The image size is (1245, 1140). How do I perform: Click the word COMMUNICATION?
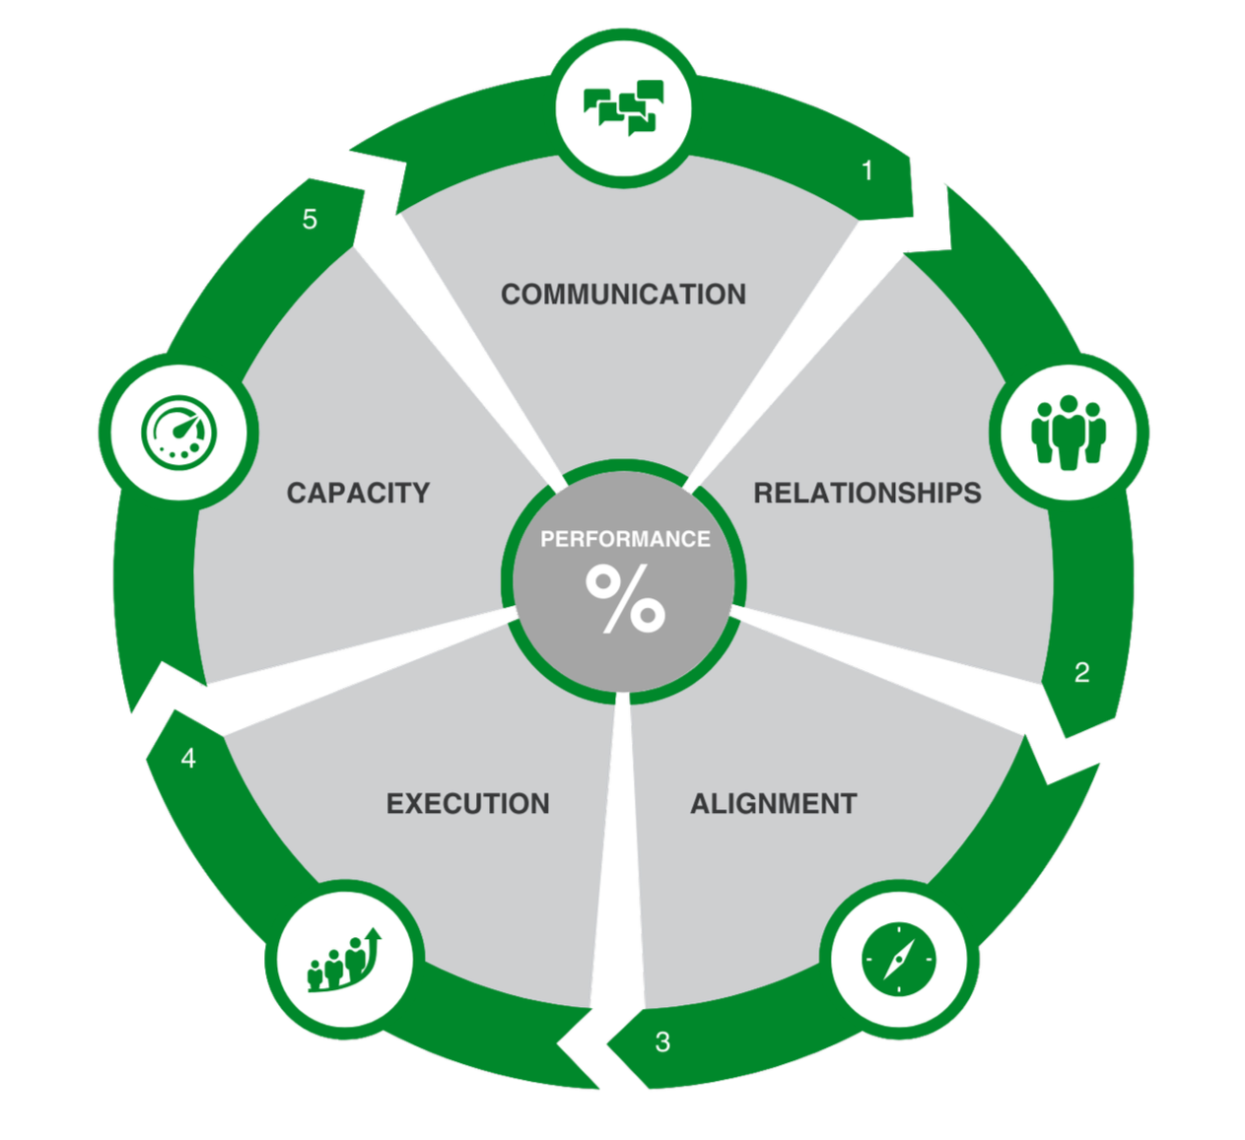click(x=623, y=295)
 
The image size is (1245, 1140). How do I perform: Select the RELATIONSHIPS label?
click(x=866, y=493)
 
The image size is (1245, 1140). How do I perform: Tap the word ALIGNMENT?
click(x=773, y=804)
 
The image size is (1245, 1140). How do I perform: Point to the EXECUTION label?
click(x=467, y=804)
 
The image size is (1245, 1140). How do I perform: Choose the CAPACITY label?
click(x=358, y=493)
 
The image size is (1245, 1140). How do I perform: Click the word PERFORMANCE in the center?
click(x=625, y=539)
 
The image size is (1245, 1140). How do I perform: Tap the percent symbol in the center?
click(x=625, y=598)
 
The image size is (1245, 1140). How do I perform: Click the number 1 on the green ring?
click(x=867, y=171)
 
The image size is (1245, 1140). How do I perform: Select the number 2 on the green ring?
click(x=1081, y=673)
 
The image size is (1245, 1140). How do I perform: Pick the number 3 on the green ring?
click(x=662, y=1041)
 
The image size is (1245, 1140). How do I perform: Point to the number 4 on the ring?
click(x=188, y=759)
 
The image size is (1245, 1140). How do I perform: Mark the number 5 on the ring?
click(x=310, y=220)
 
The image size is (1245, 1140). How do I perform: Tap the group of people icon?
click(x=1069, y=432)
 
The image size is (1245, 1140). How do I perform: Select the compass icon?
click(x=898, y=959)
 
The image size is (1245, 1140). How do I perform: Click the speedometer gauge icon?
click(x=178, y=432)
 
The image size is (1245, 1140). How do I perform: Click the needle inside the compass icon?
click(x=898, y=959)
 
